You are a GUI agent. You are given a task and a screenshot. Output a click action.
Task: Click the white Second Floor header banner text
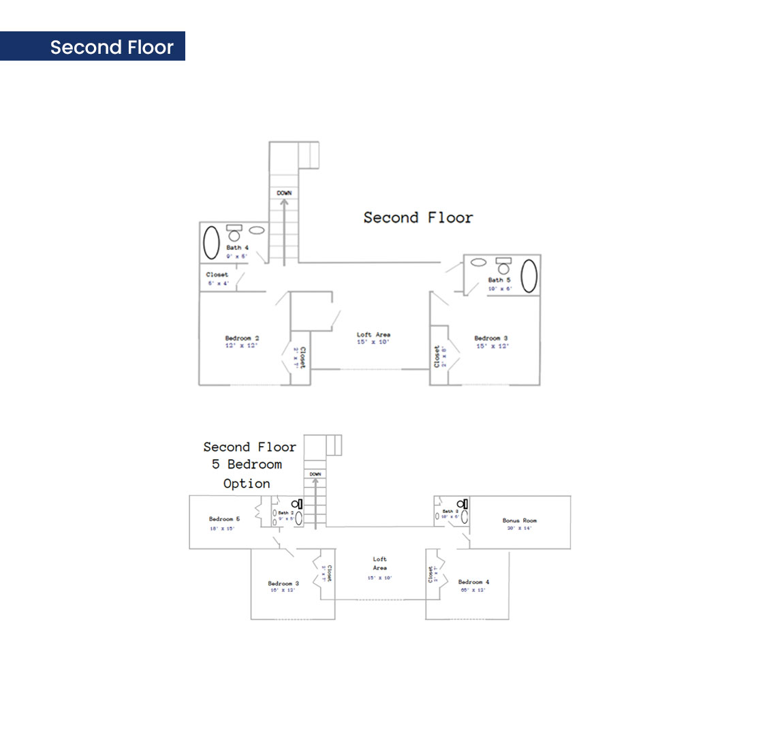coord(112,47)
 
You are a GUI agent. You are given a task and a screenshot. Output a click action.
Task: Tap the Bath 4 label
coord(238,247)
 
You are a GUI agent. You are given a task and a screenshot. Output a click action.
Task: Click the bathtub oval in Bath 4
coord(212,241)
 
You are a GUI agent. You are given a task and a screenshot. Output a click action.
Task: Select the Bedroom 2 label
coord(242,338)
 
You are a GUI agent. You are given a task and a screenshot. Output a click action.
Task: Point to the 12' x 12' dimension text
coord(242,346)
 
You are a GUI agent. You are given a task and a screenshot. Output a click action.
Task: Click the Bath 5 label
coord(499,280)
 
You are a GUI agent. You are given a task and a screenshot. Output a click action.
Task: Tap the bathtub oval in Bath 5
coord(529,276)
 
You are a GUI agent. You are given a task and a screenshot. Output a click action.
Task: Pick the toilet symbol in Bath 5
coord(504,266)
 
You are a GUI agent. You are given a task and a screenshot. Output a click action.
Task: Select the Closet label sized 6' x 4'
coord(217,275)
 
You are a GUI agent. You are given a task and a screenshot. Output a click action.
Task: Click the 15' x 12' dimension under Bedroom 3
coord(492,346)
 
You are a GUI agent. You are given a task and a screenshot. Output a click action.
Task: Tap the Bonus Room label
coord(520,520)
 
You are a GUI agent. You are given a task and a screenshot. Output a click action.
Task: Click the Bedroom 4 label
coord(473,582)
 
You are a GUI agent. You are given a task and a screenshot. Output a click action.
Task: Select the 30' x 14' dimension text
coord(520,529)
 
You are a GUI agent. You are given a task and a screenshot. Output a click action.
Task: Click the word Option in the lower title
coord(247,484)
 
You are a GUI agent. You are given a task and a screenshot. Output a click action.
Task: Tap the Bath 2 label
coord(286,512)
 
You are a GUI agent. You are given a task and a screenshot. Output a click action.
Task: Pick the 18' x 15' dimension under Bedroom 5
coord(222,529)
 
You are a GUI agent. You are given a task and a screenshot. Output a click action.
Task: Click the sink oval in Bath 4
coord(257,230)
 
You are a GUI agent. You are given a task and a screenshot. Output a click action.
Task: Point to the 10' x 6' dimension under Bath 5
coord(499,289)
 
